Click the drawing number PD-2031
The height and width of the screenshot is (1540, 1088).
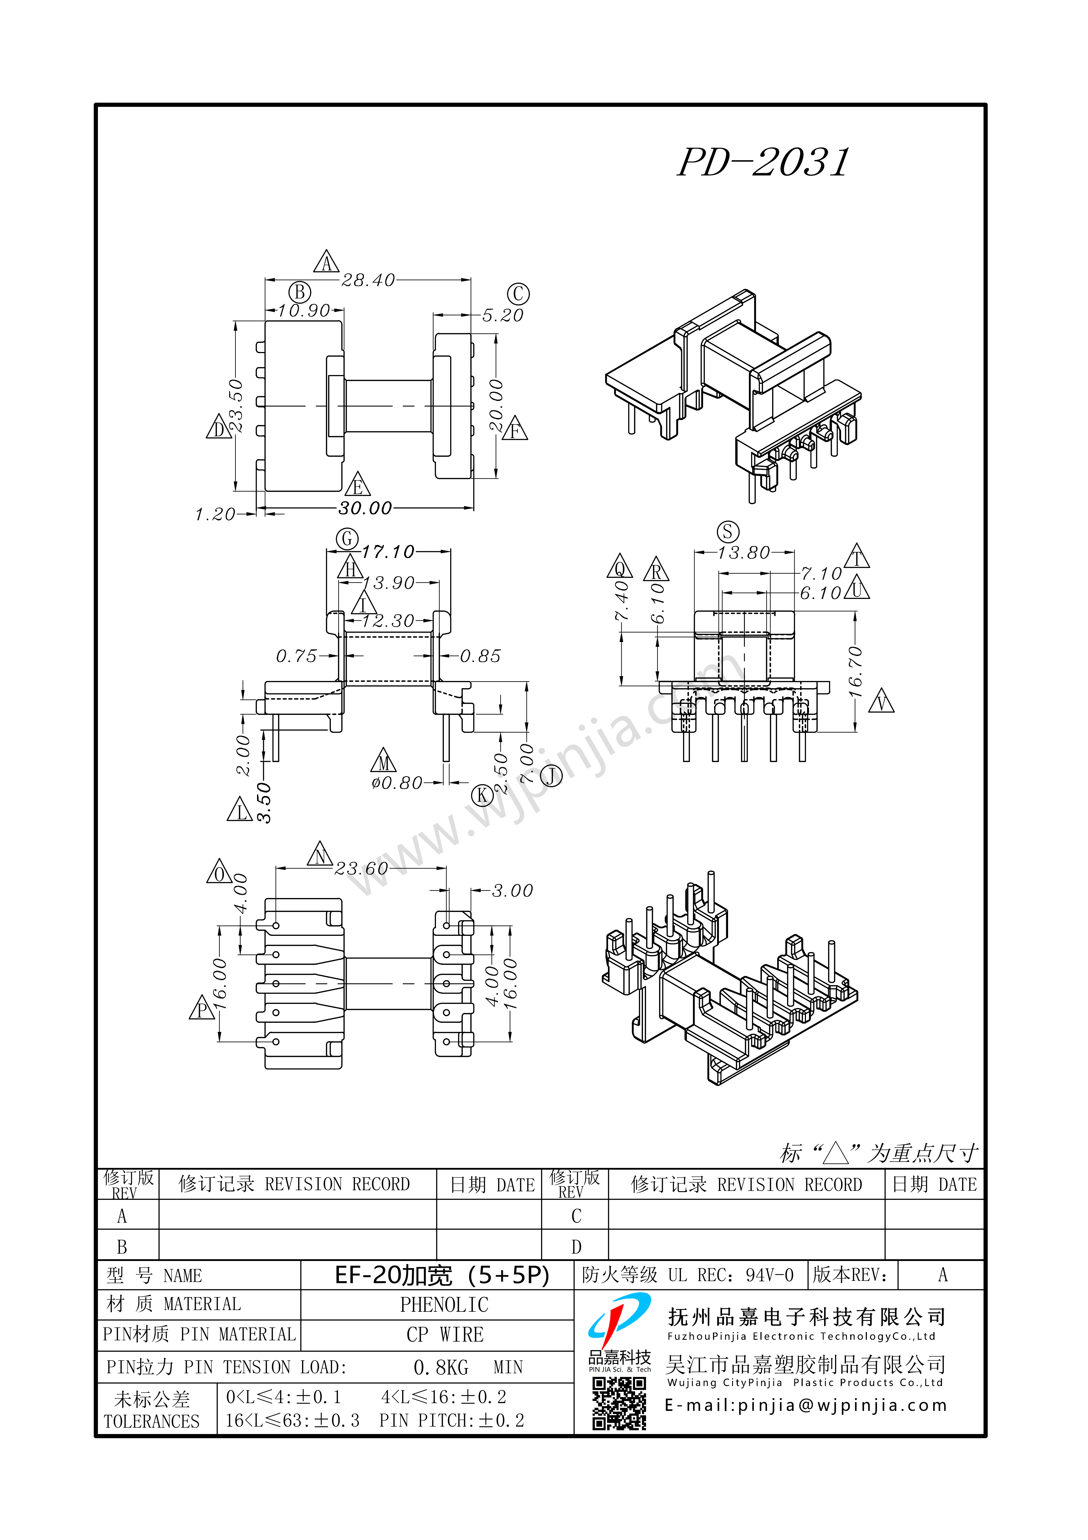763,163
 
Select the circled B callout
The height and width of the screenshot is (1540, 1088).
300,292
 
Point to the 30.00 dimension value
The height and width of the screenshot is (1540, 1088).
365,508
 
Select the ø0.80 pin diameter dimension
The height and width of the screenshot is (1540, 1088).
397,783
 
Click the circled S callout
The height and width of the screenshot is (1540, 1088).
728,532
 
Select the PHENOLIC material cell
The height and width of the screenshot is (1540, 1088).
444,1305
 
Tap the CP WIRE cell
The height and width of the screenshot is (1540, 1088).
444,1335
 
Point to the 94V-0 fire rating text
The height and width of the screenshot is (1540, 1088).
770,1275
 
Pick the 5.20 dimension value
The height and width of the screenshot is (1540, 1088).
502,315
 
